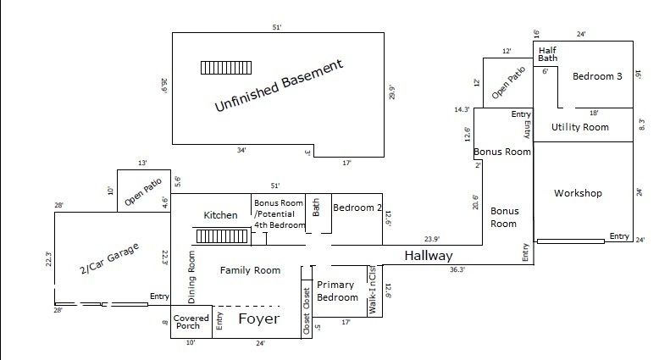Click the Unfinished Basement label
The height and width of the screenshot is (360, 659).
(x=279, y=86)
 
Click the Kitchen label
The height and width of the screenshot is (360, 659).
(x=220, y=216)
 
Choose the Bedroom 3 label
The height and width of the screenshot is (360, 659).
(x=597, y=76)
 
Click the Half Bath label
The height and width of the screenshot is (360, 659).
(x=547, y=53)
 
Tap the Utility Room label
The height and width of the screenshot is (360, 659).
(x=580, y=127)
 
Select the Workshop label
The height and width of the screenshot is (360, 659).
(x=578, y=193)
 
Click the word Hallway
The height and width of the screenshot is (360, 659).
(x=428, y=256)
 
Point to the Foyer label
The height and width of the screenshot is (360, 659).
(x=258, y=319)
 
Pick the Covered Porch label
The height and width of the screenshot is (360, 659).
(x=191, y=322)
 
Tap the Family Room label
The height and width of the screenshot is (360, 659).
(x=250, y=271)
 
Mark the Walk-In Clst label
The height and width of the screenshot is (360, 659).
(x=373, y=291)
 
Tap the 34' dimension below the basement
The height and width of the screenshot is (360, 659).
(x=242, y=150)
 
